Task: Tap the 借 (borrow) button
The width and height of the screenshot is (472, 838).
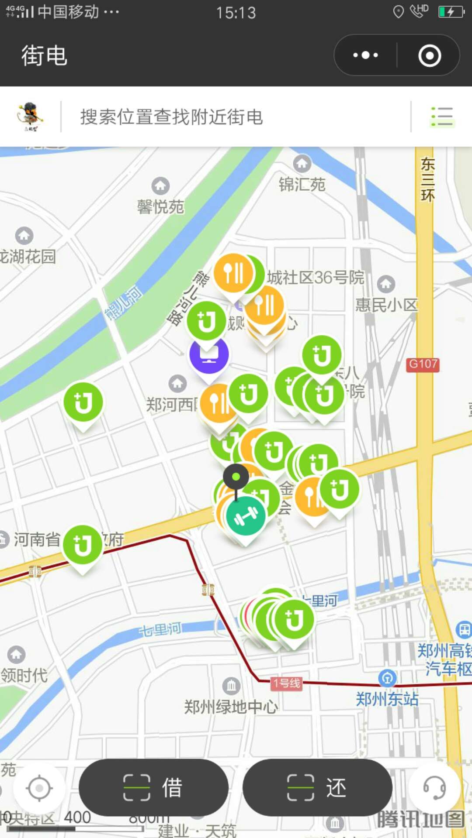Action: (x=153, y=788)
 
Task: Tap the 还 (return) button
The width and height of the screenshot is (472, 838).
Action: (x=317, y=788)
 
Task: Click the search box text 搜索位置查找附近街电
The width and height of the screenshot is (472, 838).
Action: (x=171, y=117)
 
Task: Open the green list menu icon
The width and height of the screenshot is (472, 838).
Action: (x=442, y=117)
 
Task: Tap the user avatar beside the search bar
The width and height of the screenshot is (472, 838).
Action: (x=30, y=117)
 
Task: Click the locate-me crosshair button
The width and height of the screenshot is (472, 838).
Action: (x=39, y=788)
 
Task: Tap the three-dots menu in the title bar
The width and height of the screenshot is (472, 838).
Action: (x=365, y=55)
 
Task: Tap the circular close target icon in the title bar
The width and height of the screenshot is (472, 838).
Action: (x=429, y=55)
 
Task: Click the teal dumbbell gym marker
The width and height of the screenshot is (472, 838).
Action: (x=246, y=516)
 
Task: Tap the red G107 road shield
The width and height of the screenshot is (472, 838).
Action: (x=423, y=364)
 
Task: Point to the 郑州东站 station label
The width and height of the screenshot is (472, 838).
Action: (x=387, y=699)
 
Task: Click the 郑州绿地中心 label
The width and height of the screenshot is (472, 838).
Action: (x=231, y=707)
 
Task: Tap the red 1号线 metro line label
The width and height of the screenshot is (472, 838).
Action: (x=287, y=683)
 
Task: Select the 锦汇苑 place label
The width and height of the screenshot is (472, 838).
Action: (x=302, y=184)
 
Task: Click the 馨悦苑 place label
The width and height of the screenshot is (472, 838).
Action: (x=160, y=206)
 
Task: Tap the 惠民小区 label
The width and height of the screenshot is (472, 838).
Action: (x=386, y=305)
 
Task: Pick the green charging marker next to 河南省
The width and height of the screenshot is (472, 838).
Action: (x=83, y=545)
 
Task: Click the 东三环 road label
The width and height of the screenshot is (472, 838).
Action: (x=427, y=180)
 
